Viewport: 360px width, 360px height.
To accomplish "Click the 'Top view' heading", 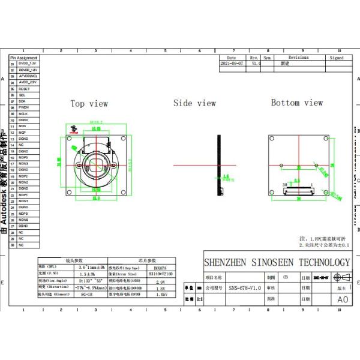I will point(89,104).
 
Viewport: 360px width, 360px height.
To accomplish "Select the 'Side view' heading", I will point(194,103).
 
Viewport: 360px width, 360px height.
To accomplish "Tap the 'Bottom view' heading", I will point(296,103).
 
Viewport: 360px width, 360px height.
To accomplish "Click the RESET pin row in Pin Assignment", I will point(24,89).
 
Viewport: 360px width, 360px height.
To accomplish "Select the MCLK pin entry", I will point(23,114).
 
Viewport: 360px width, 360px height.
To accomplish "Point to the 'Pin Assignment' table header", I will point(24,58).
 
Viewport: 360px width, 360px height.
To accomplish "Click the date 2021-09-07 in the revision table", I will point(232,63).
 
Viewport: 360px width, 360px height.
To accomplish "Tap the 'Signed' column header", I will point(337,58).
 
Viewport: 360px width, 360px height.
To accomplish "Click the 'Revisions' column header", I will point(298,58).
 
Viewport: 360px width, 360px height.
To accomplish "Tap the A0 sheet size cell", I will point(342,299).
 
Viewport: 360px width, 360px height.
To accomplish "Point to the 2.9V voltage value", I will point(160,281).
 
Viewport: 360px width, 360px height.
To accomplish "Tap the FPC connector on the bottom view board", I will point(298,191).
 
